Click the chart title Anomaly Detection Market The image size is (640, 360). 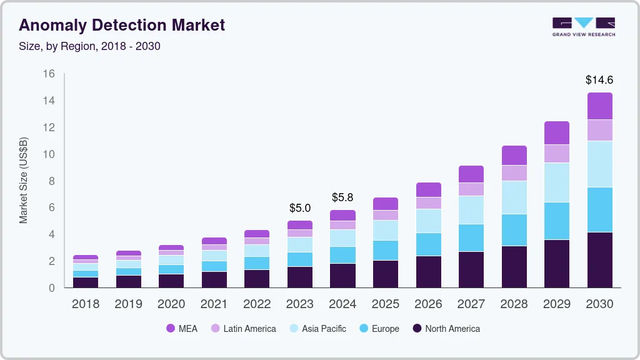click(122, 26)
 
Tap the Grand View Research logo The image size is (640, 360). click(583, 26)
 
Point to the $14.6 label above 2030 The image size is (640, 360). click(599, 80)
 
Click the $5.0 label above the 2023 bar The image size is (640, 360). click(299, 208)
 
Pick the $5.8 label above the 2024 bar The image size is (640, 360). click(342, 197)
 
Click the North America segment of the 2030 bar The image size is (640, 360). click(599, 259)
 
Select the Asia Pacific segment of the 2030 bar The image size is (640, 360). click(599, 164)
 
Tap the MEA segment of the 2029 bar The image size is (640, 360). click(556, 133)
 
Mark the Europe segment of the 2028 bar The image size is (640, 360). click(514, 230)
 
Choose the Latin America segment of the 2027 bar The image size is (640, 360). click(471, 189)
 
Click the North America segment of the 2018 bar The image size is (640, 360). click(85, 282)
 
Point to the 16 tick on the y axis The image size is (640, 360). click(49, 74)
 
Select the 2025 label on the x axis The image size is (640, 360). click(385, 304)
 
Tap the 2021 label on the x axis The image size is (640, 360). click(214, 304)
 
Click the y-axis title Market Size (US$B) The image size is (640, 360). click(24, 179)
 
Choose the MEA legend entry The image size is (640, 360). click(181, 329)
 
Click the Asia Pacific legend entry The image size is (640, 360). click(317, 329)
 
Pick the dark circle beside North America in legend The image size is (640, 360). click(417, 329)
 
